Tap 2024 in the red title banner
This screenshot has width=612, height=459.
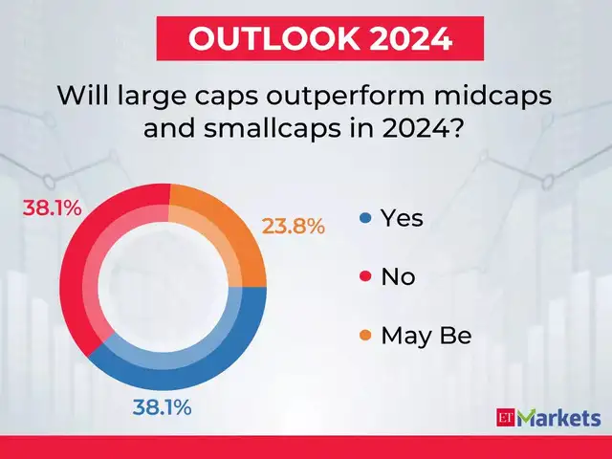(400, 39)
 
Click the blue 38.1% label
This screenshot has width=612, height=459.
(163, 406)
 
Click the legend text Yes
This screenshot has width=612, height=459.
(402, 218)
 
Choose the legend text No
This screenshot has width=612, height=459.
(398, 277)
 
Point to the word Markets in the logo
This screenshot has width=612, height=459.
(558, 418)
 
